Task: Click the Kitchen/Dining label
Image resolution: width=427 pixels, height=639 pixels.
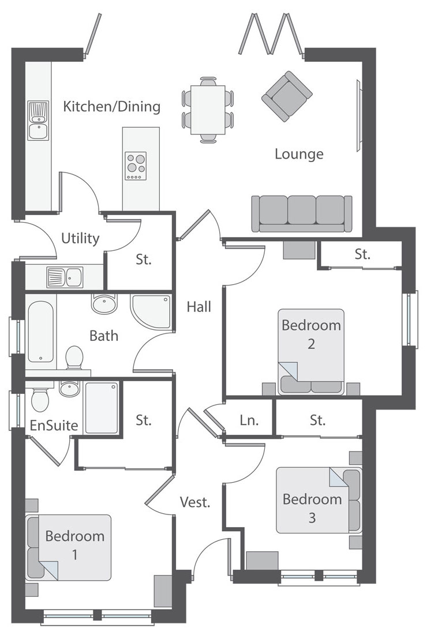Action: click(x=111, y=106)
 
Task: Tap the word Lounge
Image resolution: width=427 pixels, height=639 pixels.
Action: click(x=299, y=154)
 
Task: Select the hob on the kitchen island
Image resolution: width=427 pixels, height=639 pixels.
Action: click(x=136, y=166)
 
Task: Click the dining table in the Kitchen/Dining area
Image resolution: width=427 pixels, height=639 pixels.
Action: click(x=208, y=110)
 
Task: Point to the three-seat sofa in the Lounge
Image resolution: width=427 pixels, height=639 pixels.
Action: click(x=302, y=213)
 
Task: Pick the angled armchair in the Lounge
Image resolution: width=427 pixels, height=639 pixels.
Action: click(x=287, y=96)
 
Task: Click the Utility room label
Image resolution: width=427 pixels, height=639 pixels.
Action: click(x=80, y=238)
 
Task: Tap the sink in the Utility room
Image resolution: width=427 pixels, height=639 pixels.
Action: click(x=65, y=277)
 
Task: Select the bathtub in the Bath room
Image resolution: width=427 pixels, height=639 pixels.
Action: click(x=41, y=331)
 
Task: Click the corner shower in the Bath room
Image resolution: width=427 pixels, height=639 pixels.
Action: click(x=151, y=312)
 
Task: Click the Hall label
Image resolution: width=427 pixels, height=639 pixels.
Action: click(x=199, y=306)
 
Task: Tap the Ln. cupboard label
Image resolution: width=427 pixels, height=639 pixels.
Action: click(x=249, y=420)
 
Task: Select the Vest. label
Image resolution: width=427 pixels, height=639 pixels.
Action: click(x=195, y=502)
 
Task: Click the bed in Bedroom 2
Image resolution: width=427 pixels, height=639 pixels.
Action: click(x=311, y=352)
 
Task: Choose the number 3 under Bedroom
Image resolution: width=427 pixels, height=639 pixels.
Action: click(x=312, y=517)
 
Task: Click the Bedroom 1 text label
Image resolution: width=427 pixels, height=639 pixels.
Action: click(x=74, y=545)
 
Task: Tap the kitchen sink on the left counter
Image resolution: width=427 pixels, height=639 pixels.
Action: click(x=38, y=121)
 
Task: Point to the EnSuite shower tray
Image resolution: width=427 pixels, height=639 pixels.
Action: click(x=102, y=408)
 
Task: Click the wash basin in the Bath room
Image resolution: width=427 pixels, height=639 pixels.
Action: click(x=104, y=303)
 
